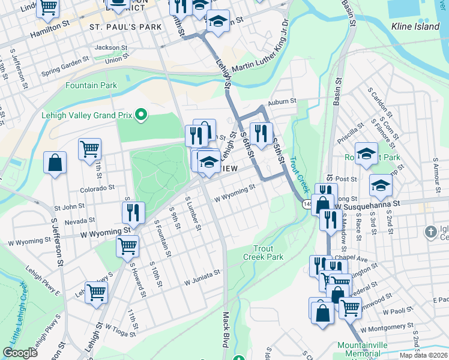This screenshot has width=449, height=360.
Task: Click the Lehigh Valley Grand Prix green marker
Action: coord(142,114)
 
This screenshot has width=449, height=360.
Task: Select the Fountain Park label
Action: coord(91,86)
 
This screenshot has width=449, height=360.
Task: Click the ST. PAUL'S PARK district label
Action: coord(125,28)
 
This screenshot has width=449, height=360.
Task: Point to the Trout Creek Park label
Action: coord(263,253)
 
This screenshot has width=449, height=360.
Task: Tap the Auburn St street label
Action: coord(283,101)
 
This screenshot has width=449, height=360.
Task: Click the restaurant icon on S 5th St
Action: coord(261,134)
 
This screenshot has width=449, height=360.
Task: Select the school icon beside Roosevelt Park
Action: coord(366,154)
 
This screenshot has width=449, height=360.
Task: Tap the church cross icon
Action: coord(430,232)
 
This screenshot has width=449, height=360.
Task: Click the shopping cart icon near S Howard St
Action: coord(127,245)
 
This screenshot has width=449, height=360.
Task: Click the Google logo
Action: coord(20,353)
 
